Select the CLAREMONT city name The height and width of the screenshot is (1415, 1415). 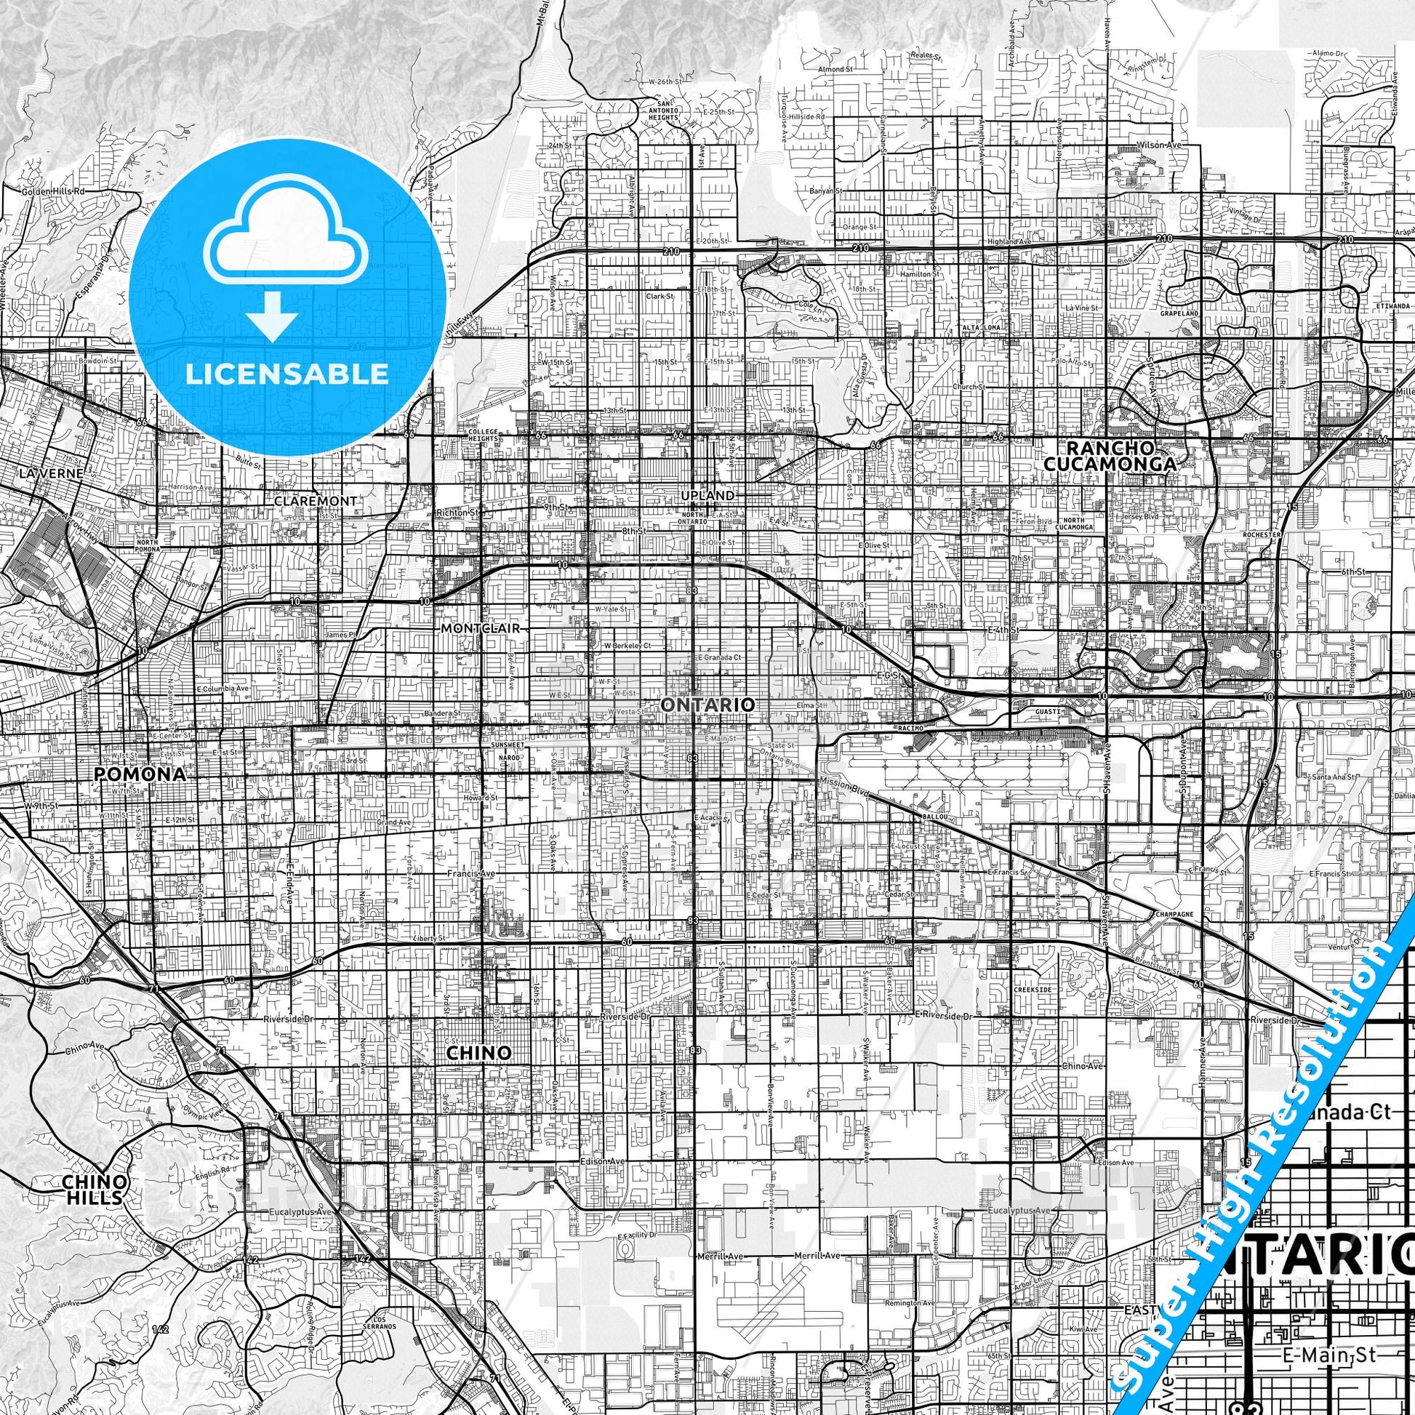tap(316, 501)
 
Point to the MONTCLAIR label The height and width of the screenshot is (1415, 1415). tap(480, 628)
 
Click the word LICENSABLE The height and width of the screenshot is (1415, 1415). tap(286, 374)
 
